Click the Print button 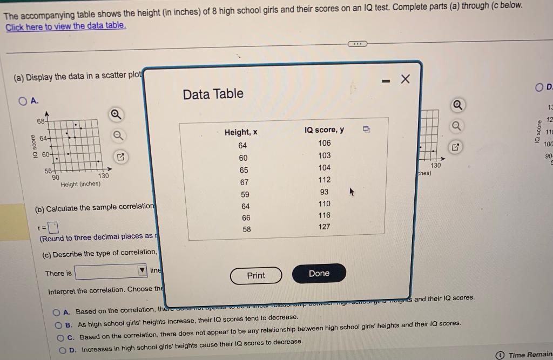(x=256, y=275)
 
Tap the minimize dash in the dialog (x=386, y=81)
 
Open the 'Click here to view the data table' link (x=65, y=26)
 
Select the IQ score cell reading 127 (x=324, y=227)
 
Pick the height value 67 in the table (x=244, y=182)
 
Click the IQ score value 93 (x=324, y=192)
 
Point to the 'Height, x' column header (x=240, y=132)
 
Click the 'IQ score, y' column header (x=324, y=130)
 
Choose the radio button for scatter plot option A (x=23, y=100)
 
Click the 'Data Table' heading (x=213, y=94)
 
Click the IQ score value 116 (x=324, y=215)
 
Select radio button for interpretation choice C (x=61, y=337)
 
